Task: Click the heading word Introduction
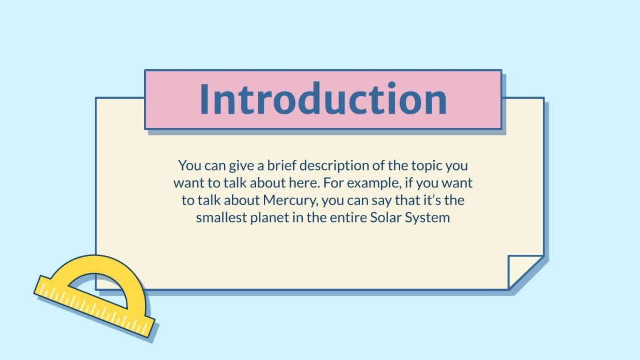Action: pos(323,99)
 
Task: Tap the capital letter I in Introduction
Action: pos(206,99)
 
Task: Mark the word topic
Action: pos(427,166)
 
